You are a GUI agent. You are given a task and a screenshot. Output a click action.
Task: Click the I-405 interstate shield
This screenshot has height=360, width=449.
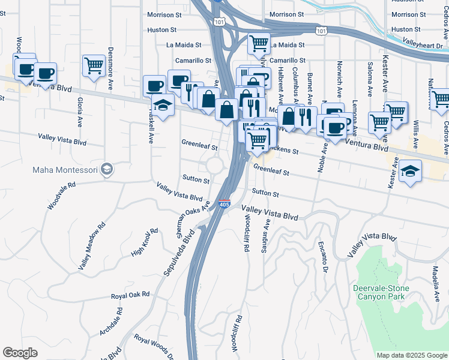click(224, 204)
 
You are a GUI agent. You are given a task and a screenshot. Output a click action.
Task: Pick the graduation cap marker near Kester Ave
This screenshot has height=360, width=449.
click(409, 172)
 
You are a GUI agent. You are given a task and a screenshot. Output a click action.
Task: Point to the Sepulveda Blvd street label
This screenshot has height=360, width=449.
click(179, 251)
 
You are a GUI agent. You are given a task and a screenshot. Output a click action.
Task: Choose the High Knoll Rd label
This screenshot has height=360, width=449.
click(145, 242)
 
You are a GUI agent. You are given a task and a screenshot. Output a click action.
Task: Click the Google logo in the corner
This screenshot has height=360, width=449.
click(20, 352)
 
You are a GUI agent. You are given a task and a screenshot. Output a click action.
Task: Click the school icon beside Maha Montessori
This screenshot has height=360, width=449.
click(107, 169)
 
